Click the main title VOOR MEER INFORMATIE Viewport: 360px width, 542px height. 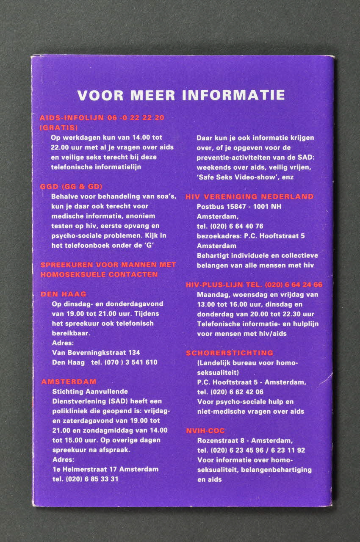coord(181,95)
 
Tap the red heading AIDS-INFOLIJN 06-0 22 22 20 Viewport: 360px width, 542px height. coord(102,118)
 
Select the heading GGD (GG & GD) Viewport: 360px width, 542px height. coord(71,186)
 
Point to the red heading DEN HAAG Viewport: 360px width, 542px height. coord(63,294)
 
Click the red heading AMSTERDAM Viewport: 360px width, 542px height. coord(69,382)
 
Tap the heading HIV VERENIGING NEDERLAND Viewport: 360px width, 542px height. coord(249,196)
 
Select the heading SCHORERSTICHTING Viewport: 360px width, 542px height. coord(230,353)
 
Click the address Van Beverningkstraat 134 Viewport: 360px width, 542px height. coord(96,352)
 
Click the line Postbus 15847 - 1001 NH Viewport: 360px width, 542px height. coord(239,206)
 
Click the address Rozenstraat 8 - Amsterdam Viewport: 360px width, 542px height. coord(245,440)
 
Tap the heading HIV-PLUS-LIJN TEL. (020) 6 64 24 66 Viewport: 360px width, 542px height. coord(254,285)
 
